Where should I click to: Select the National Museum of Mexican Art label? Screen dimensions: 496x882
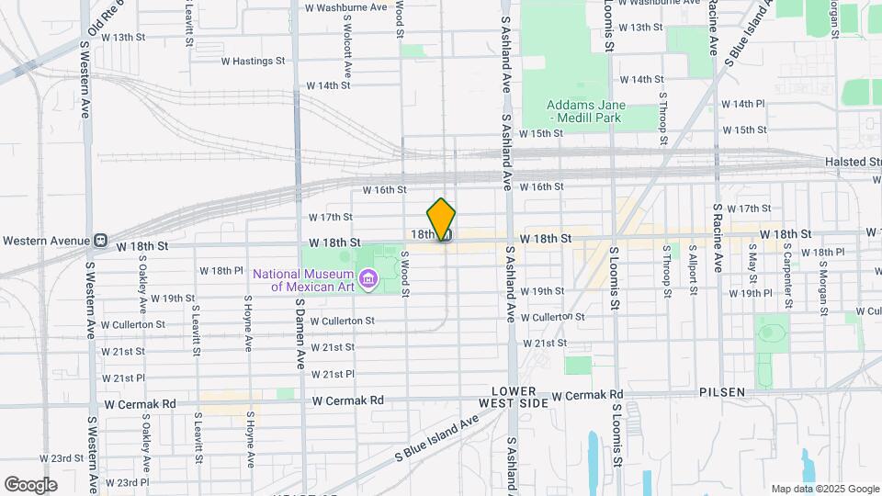[x=303, y=279]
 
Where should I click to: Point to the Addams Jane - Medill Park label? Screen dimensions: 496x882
[x=585, y=111]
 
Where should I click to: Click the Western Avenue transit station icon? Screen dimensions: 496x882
[x=100, y=241]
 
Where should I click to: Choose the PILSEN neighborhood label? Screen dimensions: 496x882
[x=721, y=392]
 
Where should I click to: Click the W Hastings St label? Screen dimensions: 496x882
[x=253, y=62]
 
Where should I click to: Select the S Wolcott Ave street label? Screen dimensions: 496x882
[x=348, y=44]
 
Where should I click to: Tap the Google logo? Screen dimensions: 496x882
[x=30, y=485]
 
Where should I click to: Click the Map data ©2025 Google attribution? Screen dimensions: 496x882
[x=825, y=489]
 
